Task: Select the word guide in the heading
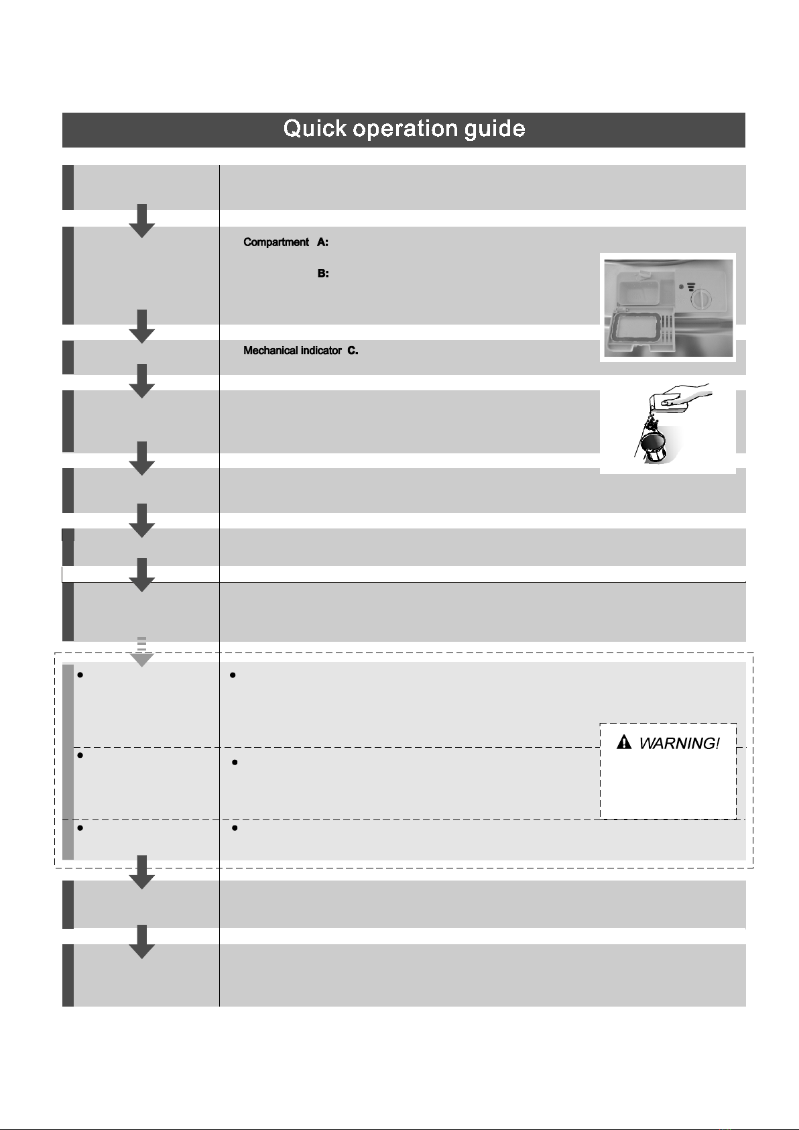(495, 129)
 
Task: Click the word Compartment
(275, 242)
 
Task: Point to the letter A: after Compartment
(322, 242)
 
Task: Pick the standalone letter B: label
(322, 274)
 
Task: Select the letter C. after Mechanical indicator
(353, 350)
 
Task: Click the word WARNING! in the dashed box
(679, 743)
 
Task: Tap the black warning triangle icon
(624, 742)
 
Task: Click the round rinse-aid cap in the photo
(700, 298)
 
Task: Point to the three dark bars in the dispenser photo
(690, 286)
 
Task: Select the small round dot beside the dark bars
(680, 286)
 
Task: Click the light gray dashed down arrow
(141, 652)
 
